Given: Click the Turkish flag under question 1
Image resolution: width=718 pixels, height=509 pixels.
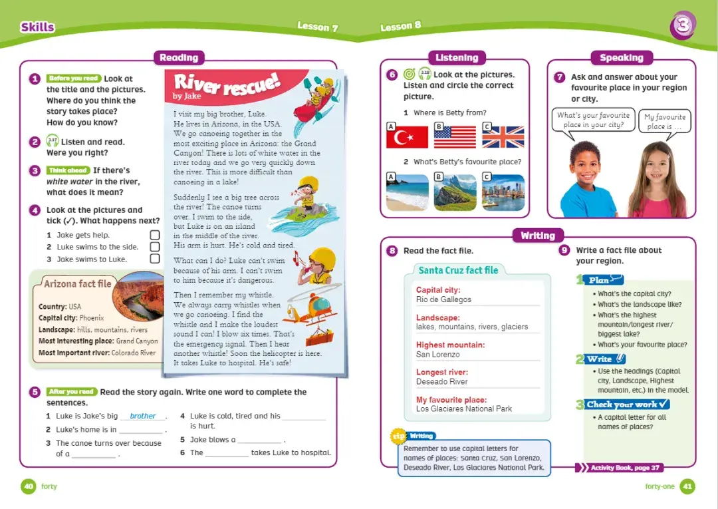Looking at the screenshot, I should [x=407, y=136].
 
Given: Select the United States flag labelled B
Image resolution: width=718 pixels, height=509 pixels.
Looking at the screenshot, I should [x=455, y=136].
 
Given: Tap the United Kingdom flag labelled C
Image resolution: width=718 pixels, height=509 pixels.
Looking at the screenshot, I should [x=503, y=136].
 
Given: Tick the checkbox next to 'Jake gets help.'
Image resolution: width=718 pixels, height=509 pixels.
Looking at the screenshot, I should [x=155, y=235].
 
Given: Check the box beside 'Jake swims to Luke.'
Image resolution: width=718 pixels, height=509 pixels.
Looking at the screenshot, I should [x=155, y=259].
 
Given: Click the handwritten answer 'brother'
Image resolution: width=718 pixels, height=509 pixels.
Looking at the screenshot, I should [x=143, y=416].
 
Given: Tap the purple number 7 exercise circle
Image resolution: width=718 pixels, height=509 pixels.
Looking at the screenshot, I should [x=560, y=77].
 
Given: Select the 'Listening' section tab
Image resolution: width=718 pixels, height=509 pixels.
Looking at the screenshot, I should [x=457, y=58].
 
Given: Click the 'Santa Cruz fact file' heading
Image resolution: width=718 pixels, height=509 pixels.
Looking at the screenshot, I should [x=458, y=270].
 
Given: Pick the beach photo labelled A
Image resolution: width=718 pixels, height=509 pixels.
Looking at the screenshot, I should [x=408, y=192].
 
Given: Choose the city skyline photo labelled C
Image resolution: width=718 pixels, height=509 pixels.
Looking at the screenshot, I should [x=503, y=192].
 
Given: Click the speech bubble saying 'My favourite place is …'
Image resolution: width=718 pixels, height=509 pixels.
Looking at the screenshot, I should [x=664, y=122].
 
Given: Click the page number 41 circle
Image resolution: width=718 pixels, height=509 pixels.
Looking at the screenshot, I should [x=687, y=486].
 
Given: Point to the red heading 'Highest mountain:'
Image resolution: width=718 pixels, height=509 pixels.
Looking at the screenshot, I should [x=450, y=345].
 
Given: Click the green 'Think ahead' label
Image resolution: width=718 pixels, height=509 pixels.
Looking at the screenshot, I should [x=68, y=170].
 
